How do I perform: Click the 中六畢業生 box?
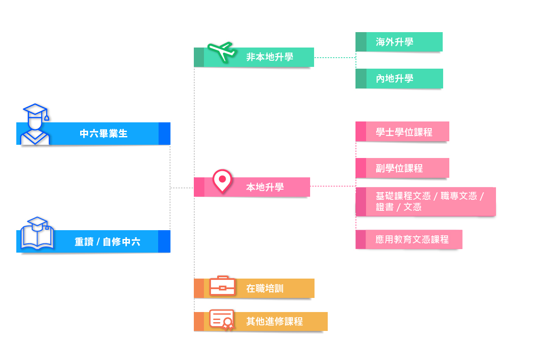click(104, 134)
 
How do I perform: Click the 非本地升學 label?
click(270, 57)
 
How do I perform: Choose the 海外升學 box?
click(399, 42)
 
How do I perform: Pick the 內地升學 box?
click(399, 79)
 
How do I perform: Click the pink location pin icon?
click(222, 181)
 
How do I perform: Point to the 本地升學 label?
click(265, 187)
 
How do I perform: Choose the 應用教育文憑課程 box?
click(412, 239)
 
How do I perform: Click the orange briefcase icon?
click(222, 286)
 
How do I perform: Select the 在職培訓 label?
click(265, 289)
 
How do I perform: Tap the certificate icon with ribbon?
click(222, 320)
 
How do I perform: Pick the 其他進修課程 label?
click(274, 322)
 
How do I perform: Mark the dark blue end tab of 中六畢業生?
click(164, 134)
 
